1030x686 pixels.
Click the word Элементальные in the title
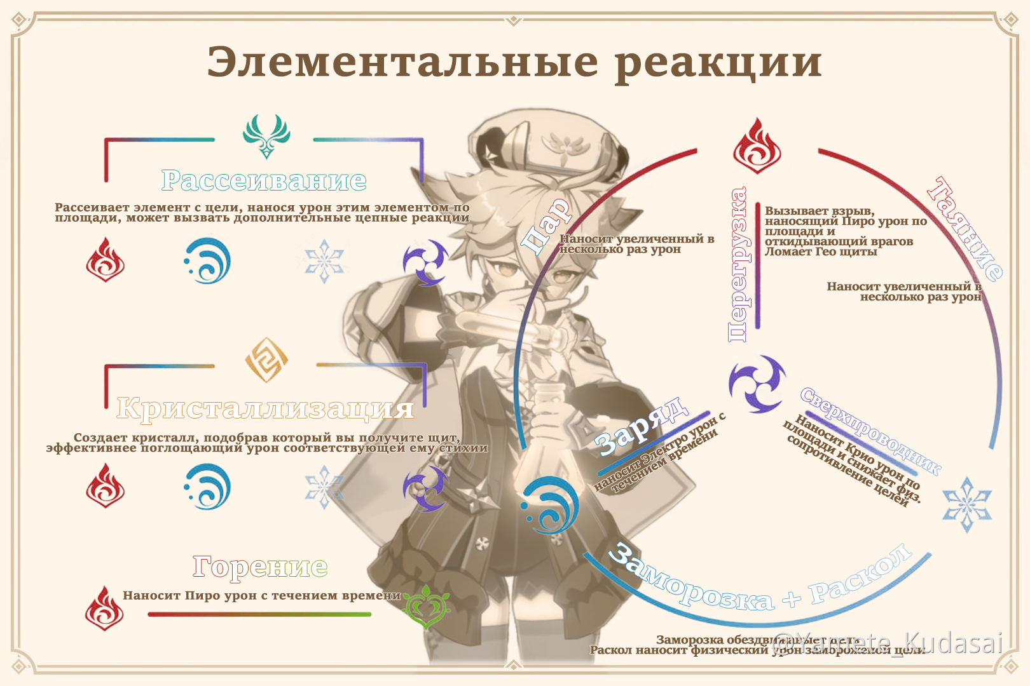click(402, 62)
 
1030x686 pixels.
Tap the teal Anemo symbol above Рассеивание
click(266, 135)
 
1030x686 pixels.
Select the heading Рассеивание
click(264, 180)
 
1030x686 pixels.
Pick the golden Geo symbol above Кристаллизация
click(266, 360)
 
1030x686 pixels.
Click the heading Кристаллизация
click(265, 408)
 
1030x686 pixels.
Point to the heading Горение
click(260, 566)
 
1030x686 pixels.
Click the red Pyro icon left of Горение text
click(104, 608)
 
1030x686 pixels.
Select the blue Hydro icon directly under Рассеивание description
click(208, 261)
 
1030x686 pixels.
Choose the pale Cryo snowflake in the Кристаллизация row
click(324, 487)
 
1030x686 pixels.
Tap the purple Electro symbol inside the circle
click(757, 384)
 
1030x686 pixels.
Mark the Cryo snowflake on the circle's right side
click(966, 504)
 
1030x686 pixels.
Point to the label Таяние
click(965, 229)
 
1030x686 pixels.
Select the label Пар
click(546, 225)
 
